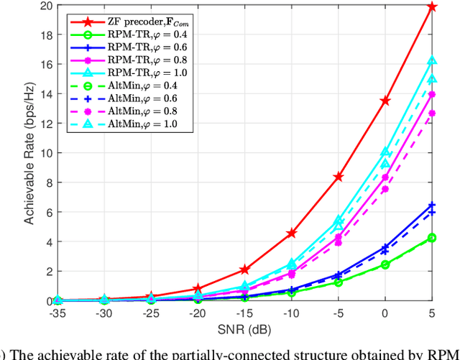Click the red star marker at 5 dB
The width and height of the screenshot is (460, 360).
[x=432, y=6]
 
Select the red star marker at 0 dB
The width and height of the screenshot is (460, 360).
[x=385, y=101]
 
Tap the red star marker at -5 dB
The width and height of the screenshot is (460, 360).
[x=339, y=176]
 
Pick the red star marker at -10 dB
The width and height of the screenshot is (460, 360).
[x=291, y=234]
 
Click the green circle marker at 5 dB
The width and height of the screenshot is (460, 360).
[x=432, y=238]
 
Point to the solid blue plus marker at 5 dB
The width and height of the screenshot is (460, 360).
[x=432, y=206]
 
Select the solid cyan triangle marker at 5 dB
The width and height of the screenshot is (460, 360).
[x=432, y=61]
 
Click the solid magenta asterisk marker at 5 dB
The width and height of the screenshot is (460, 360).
[x=432, y=94]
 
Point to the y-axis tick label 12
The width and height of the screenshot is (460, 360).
[x=47, y=124]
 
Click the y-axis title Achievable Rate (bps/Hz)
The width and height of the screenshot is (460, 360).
[x=30, y=153]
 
